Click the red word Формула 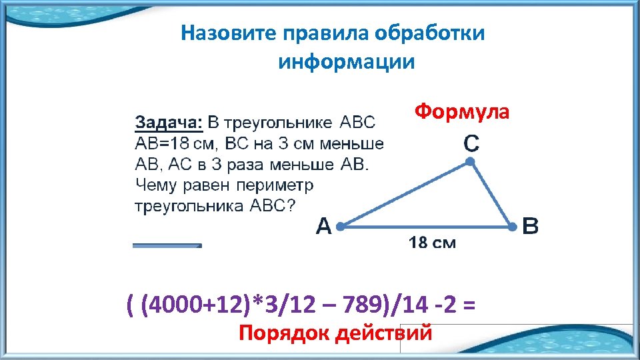pos(461,111)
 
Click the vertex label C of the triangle pos(470,143)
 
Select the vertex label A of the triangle pos(323,228)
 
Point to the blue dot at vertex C pos(470,162)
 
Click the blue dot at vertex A pos(340,227)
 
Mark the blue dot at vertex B pos(512,227)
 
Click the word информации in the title pos(346,62)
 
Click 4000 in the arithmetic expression pos(170,305)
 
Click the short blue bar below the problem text pos(167,245)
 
